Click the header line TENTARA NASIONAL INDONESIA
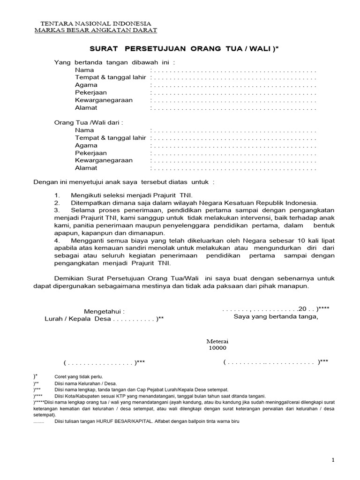(96, 23)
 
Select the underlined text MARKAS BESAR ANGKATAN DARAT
(96, 30)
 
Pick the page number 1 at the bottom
(333, 460)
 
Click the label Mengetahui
(104, 311)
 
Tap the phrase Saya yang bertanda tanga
(276, 316)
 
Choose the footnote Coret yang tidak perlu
(78, 377)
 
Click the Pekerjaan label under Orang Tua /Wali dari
(91, 153)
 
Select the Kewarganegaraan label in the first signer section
(104, 100)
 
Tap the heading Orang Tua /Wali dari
(89, 122)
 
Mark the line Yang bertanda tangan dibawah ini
(115, 62)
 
